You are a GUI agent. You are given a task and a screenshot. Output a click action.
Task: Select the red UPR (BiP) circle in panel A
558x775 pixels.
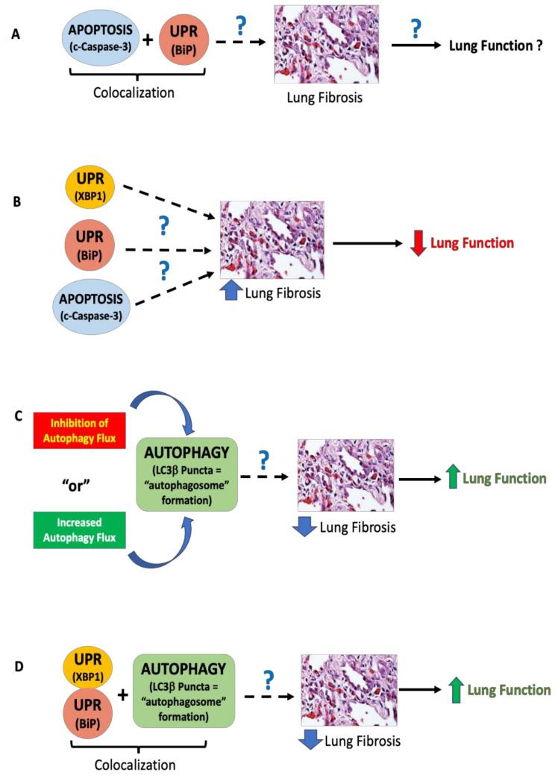(184, 40)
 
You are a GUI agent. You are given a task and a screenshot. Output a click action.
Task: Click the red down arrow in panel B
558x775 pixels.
(418, 243)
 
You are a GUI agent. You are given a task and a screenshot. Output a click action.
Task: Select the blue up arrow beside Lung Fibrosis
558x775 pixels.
(232, 293)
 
